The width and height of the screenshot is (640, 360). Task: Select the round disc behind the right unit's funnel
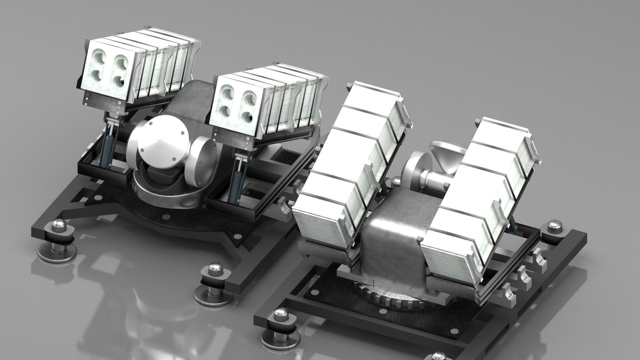414,166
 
